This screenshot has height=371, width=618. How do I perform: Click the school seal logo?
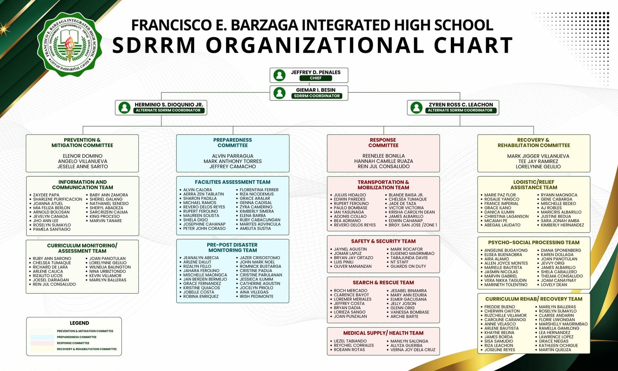[x=70, y=44]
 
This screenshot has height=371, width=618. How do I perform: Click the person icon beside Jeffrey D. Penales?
[x=279, y=75]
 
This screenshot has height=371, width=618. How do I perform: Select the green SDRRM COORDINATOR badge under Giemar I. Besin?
[x=317, y=96]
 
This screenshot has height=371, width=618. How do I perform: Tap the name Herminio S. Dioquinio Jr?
[x=169, y=105]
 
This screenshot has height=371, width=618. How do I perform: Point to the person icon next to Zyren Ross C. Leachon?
[x=416, y=107]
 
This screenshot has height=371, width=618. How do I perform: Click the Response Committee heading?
[x=383, y=143]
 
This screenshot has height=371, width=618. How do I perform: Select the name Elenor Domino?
[x=83, y=156]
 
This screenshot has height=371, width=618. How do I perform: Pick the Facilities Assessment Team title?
[x=233, y=182]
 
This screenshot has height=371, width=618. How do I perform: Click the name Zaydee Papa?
[x=46, y=195]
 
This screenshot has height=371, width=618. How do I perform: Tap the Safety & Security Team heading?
[x=383, y=241]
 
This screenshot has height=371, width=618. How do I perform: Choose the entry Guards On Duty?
[x=408, y=266]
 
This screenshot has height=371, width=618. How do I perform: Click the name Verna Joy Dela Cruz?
[x=413, y=350]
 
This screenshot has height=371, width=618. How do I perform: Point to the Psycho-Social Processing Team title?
[x=533, y=242]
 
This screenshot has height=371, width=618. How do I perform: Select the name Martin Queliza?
[x=555, y=350]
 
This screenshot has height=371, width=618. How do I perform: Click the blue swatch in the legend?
[x=42, y=337]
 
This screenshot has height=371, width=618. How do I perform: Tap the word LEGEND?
[x=80, y=323]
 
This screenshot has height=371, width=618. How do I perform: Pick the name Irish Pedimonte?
[x=256, y=296]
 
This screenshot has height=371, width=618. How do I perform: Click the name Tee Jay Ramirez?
[x=538, y=161]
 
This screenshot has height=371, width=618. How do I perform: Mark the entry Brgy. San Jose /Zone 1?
[x=413, y=225]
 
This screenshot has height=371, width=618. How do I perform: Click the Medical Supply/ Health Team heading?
[x=383, y=333]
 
